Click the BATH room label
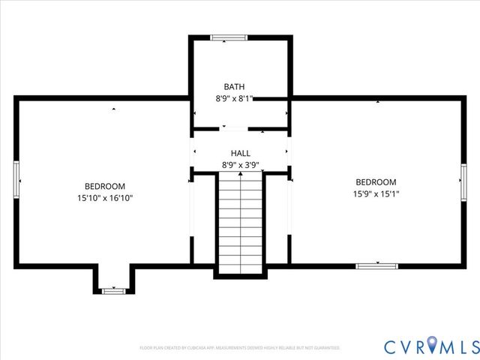click(234, 87)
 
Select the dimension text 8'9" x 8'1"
click(234, 98)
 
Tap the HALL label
click(240, 153)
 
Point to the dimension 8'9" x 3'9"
click(240, 164)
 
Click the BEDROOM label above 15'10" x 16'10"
click(104, 187)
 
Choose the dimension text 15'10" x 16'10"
click(104, 198)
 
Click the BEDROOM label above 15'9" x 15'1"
click(375, 182)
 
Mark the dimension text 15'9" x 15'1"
click(375, 193)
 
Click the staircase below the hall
click(240, 225)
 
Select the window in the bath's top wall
click(228, 37)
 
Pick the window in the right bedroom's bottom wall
click(376, 265)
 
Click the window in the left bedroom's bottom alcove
click(113, 290)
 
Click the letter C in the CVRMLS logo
click(392, 346)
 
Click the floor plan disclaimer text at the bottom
click(240, 348)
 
